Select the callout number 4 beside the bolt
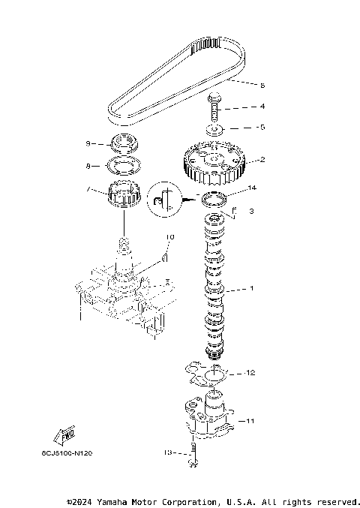[x=241, y=107]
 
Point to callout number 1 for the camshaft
[x=252, y=289]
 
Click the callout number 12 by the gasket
[x=251, y=372]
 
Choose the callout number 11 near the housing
[x=251, y=422]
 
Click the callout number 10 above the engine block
[x=169, y=237]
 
